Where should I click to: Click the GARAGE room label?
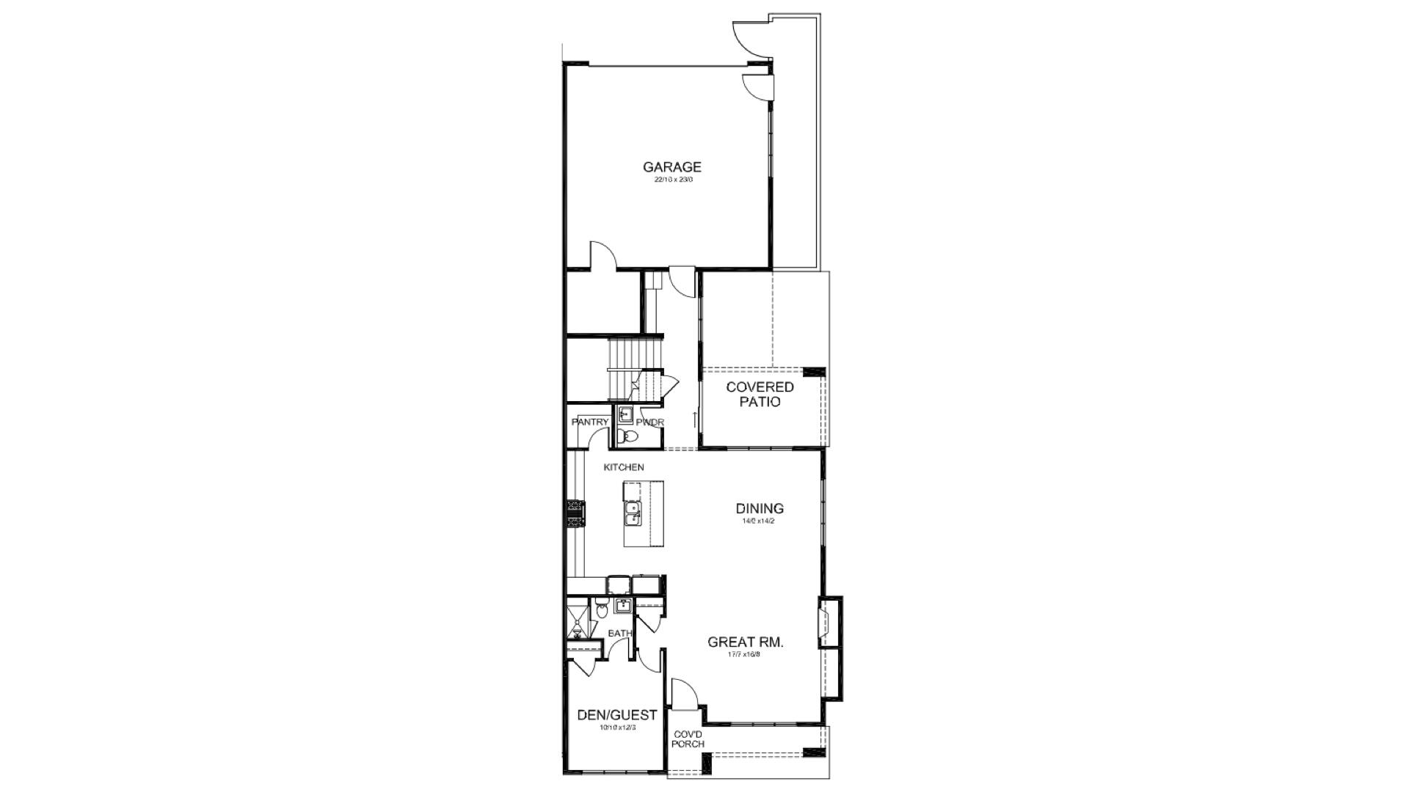[x=671, y=167]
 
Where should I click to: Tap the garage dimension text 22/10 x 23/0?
[x=673, y=180]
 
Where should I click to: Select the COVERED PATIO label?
[x=760, y=395]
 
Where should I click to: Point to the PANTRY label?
[x=590, y=422]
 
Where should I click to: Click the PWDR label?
[x=650, y=422]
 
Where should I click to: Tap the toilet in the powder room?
[x=627, y=438]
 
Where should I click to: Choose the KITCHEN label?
[x=624, y=467]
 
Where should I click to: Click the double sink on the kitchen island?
[x=632, y=513]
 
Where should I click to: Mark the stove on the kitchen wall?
[x=575, y=513]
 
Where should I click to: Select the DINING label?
[x=760, y=508]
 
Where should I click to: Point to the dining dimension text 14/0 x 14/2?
[x=760, y=521]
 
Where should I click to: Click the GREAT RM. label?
[x=745, y=642]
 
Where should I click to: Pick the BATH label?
[x=619, y=634]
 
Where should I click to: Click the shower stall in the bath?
[x=576, y=621]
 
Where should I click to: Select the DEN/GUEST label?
[x=616, y=715]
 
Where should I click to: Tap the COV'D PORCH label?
[x=688, y=738]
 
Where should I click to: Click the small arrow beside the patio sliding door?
[x=694, y=420]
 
